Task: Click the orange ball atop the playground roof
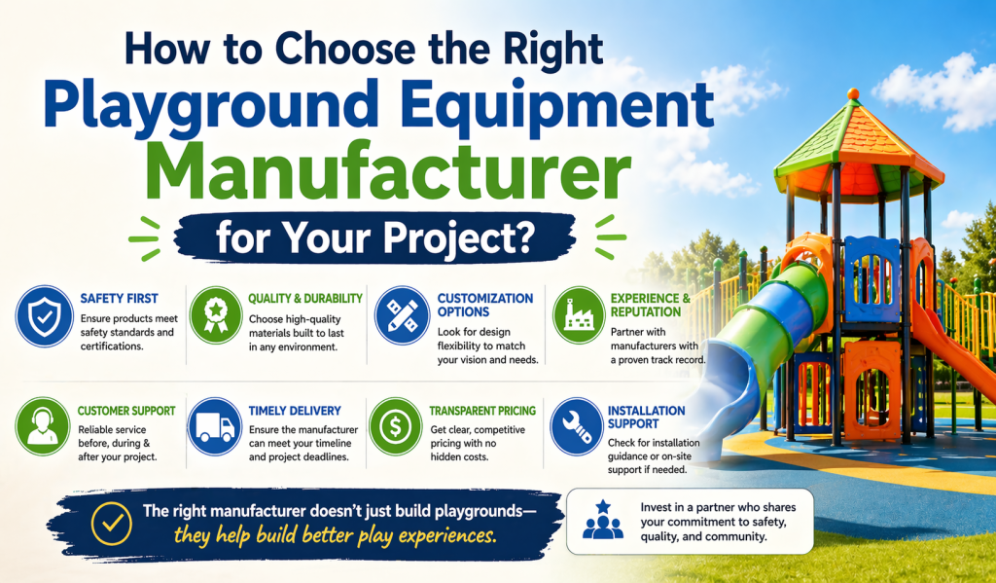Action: click(x=853, y=93)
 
